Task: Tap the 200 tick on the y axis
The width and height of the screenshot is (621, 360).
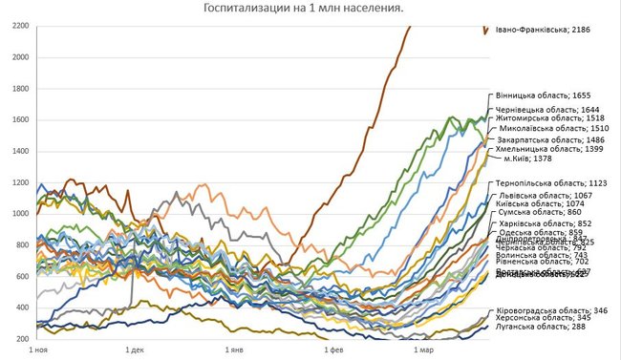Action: pyautogui.click(x=20, y=339)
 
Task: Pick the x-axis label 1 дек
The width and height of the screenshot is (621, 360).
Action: pyautogui.click(x=133, y=350)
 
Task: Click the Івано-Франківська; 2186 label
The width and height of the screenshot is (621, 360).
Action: pyautogui.click(x=541, y=31)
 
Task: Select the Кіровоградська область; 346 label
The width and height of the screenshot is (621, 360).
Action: pyautogui.click(x=557, y=311)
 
